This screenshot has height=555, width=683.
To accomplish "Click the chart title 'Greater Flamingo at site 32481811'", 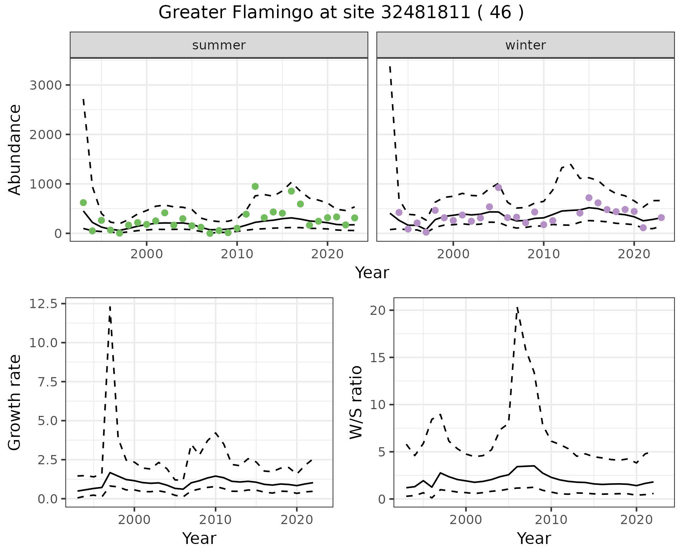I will pos(341,13).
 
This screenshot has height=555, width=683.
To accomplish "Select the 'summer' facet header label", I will pos(219,45).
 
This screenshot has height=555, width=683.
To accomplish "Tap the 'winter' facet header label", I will pos(525,45).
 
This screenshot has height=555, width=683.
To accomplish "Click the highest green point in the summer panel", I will pos(255,186).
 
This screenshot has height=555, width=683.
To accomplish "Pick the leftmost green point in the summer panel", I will pos(83,203).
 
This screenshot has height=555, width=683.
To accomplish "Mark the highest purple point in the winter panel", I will pos(498,187).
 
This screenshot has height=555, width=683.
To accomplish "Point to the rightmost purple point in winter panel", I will pos(661,217).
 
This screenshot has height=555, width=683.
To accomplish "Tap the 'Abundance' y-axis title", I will pos(15,149).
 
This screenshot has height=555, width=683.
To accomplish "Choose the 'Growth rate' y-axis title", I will pos(15,402).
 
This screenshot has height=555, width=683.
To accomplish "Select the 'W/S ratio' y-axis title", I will pos(356,402).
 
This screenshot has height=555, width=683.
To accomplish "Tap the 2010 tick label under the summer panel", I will pos(237,254).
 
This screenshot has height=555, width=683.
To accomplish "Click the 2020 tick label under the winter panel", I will pos(634,254).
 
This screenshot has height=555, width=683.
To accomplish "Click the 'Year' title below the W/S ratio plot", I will pos(534,539).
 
